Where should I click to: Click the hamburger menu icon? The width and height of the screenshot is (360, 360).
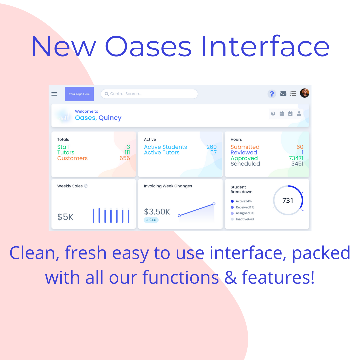(x=54, y=94)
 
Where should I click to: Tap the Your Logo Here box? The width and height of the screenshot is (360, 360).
(x=79, y=94)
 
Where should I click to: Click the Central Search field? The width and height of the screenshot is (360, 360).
(x=149, y=94)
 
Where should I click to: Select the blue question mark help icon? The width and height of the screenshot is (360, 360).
(x=272, y=94)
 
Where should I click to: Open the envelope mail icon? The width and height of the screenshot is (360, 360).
(x=283, y=93)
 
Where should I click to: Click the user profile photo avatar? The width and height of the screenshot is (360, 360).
(x=304, y=93)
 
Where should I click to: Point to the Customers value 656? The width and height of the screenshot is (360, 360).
(x=125, y=158)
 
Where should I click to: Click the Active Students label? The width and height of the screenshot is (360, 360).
(x=165, y=147)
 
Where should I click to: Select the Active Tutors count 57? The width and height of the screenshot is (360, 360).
(x=214, y=152)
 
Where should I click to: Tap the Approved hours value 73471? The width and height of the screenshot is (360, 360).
(x=296, y=158)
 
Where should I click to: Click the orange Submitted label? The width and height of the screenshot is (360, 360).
(x=245, y=147)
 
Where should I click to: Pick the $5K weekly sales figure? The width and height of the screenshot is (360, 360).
(x=65, y=217)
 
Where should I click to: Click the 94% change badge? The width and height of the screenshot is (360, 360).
(x=151, y=220)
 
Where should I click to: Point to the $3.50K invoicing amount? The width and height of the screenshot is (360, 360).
(x=157, y=212)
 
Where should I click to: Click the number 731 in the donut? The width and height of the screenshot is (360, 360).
(x=288, y=200)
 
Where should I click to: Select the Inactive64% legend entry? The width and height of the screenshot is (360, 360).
(x=242, y=219)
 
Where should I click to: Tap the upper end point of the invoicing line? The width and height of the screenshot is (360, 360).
(x=214, y=204)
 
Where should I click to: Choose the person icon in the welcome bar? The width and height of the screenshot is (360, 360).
(x=299, y=114)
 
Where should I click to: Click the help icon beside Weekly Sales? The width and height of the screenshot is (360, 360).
(x=86, y=186)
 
